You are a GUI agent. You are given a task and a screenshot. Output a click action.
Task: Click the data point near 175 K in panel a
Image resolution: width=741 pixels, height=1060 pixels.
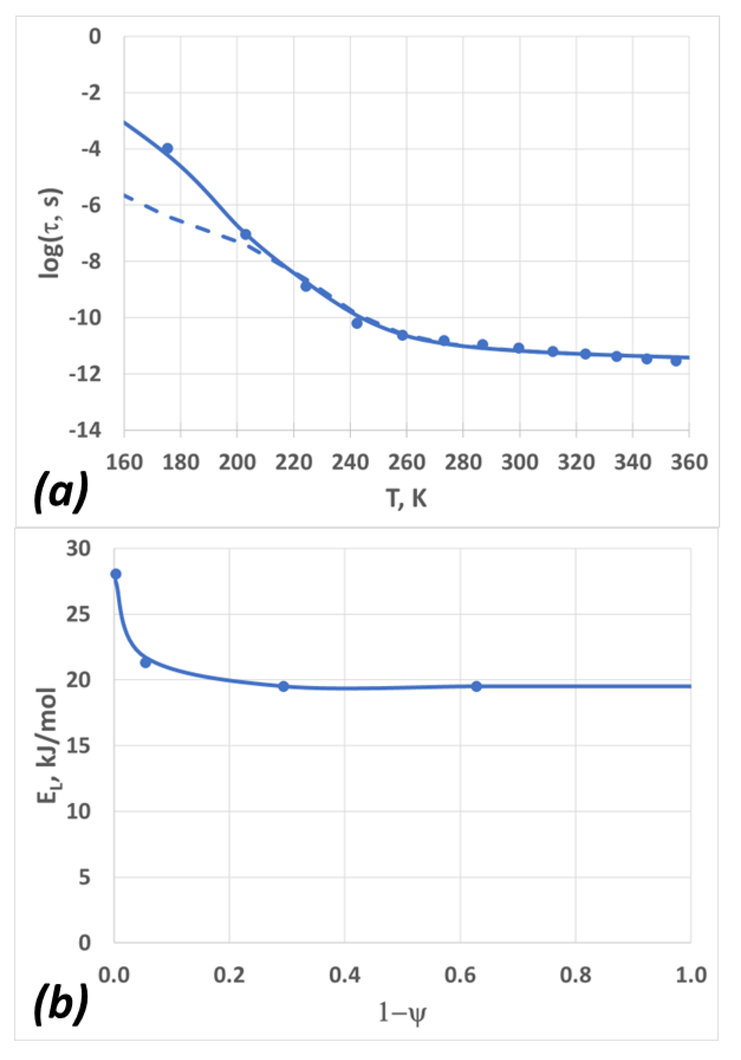coord(167,148)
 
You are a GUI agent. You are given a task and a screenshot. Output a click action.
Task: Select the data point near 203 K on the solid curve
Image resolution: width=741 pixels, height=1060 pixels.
coord(245,234)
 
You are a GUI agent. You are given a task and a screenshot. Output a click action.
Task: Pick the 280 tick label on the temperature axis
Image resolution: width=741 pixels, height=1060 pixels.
coord(463,462)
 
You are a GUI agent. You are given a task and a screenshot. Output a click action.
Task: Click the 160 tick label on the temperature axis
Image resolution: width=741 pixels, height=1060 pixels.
coord(124,462)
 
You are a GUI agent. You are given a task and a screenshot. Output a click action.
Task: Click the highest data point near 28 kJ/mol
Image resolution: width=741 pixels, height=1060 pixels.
coord(116,574)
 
